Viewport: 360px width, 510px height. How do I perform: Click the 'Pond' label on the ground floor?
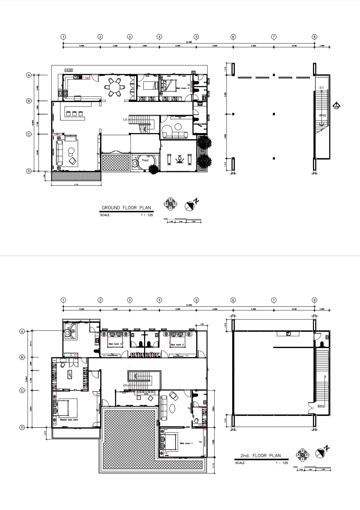point(145,160)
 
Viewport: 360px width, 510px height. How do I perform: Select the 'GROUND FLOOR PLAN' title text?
point(126,208)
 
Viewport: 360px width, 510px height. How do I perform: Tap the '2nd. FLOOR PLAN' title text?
point(261,455)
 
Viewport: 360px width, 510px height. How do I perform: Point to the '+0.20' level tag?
point(68,70)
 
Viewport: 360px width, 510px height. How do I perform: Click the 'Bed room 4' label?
point(183,88)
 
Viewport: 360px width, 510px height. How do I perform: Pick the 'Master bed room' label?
point(69,420)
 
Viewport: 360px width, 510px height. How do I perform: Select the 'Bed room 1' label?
point(186,443)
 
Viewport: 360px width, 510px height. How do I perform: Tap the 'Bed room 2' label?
point(177,344)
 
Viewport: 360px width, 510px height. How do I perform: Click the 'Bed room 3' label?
point(115,344)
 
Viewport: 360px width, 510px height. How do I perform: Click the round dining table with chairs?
point(115,87)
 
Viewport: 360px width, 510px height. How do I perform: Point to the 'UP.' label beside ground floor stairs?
point(125,119)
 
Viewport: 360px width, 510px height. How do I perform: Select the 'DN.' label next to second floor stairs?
point(125,385)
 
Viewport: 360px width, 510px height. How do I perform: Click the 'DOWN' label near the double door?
point(321,406)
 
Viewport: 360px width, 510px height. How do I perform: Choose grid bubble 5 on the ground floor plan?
point(196,37)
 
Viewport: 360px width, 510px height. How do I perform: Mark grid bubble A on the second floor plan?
point(22,331)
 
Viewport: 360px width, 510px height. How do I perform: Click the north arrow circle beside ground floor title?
point(190,206)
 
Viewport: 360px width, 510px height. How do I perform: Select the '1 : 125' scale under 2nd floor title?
point(282,463)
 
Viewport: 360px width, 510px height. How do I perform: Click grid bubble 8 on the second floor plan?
point(314,300)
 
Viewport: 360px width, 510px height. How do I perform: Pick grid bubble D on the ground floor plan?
point(29,171)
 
